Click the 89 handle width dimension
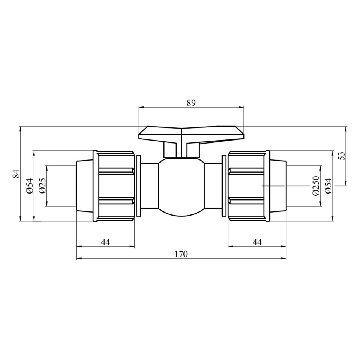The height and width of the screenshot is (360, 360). [x=191, y=103]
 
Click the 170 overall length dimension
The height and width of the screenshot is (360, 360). [x=181, y=254]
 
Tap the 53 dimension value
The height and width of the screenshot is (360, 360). [x=342, y=156]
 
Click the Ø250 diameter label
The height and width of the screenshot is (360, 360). [x=316, y=186]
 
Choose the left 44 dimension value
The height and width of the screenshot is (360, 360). [x=106, y=242]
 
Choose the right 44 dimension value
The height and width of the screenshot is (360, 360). [x=257, y=242]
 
